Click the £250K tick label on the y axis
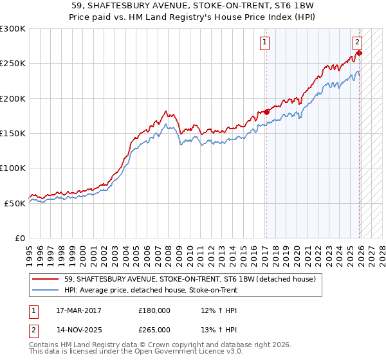point(13,64)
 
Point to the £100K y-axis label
point(13,168)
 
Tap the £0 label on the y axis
point(20,238)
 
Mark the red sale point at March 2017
point(266,112)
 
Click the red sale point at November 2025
point(359,53)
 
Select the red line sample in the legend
point(46,280)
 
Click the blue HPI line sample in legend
point(46,291)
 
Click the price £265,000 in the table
point(154,329)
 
